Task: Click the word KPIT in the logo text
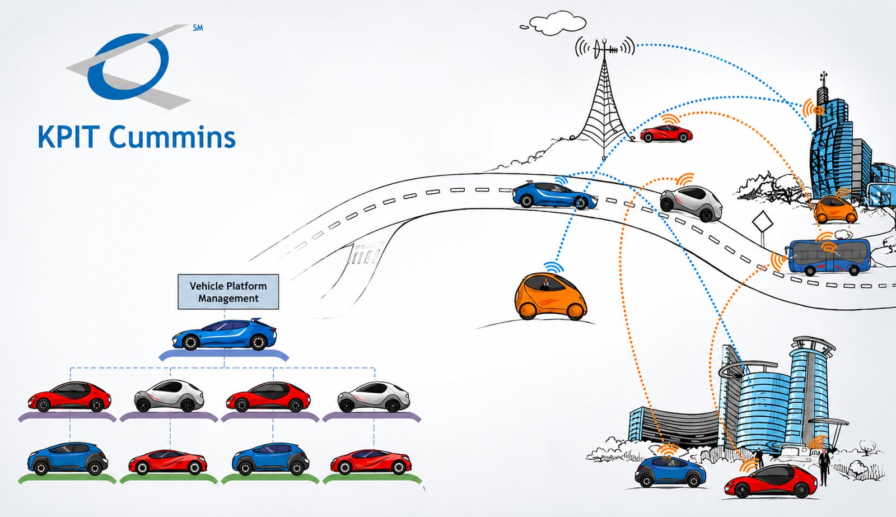pyautogui.click(x=68, y=137)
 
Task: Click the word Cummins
pyautogui.click(x=172, y=137)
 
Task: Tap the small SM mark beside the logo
pyautogui.click(x=198, y=28)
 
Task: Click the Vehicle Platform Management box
pyautogui.click(x=228, y=292)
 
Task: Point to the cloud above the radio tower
pyautogui.click(x=554, y=24)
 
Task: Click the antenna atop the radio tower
pyautogui.click(x=605, y=48)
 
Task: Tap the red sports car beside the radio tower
pyautogui.click(x=666, y=133)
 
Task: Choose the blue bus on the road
pyautogui.click(x=827, y=257)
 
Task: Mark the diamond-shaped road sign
pyautogui.click(x=763, y=221)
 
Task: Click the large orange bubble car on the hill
pyautogui.click(x=550, y=296)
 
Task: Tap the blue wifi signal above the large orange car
pyautogui.click(x=554, y=267)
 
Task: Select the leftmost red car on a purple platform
pyautogui.click(x=69, y=397)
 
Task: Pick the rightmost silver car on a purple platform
pyautogui.click(x=373, y=397)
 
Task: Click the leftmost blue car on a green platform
pyautogui.click(x=68, y=459)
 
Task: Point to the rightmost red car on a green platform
pyautogui.click(x=371, y=462)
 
